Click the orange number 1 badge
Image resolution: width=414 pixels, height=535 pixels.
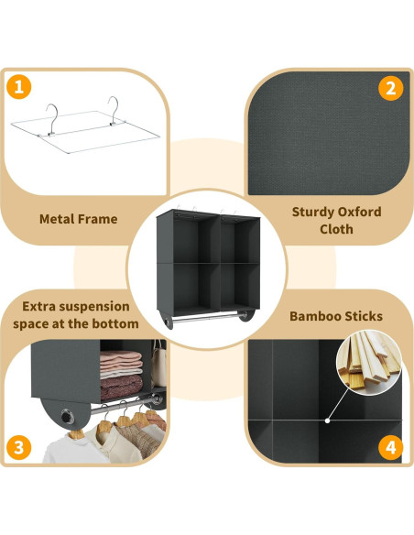tap(20, 89)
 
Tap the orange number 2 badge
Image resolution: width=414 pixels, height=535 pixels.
tap(391, 88)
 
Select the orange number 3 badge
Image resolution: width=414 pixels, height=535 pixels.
tap(20, 448)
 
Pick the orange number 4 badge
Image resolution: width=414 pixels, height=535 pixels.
tap(391, 449)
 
